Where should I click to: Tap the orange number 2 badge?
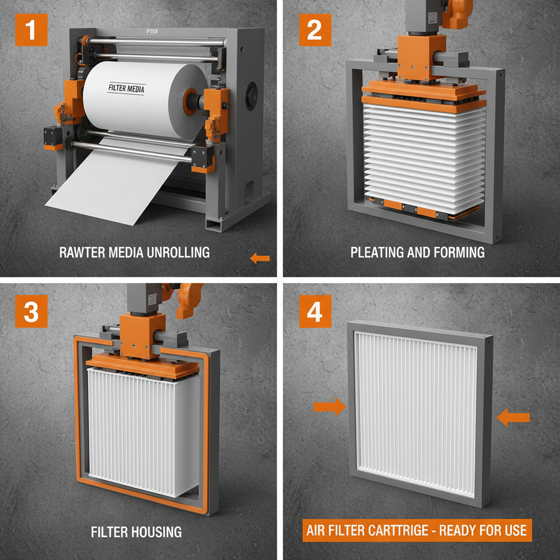(x=314, y=30)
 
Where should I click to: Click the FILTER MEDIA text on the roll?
(x=126, y=89)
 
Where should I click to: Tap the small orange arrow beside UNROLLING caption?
(x=260, y=258)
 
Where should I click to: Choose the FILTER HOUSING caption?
(x=137, y=531)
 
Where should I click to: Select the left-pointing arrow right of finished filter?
(x=514, y=418)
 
